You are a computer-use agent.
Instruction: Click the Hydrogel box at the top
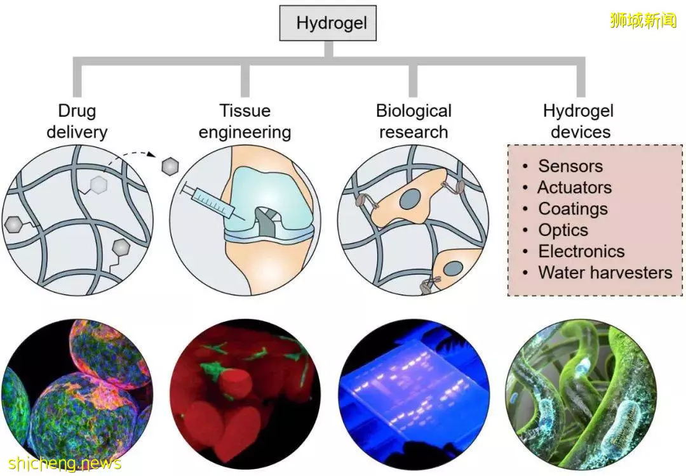click(x=328, y=23)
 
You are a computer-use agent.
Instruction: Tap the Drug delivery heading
click(x=77, y=121)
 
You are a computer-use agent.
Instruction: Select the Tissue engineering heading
click(x=245, y=121)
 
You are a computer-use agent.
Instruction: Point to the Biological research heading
click(x=414, y=121)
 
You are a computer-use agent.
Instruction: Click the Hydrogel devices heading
click(x=579, y=121)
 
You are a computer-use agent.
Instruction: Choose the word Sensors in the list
click(x=570, y=166)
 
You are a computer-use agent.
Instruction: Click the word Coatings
click(x=573, y=209)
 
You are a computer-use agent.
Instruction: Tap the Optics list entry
click(x=563, y=230)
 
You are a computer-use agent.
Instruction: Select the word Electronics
click(x=581, y=251)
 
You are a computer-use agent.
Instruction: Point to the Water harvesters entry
click(x=605, y=273)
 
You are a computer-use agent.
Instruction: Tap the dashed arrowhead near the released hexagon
click(x=151, y=154)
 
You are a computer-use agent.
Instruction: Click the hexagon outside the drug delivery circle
click(x=170, y=166)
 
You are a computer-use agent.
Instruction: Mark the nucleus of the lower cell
click(x=454, y=270)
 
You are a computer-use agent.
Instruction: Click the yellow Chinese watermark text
click(x=643, y=20)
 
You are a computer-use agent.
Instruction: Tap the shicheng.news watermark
click(x=65, y=463)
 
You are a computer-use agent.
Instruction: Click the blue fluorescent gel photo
click(x=414, y=392)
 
